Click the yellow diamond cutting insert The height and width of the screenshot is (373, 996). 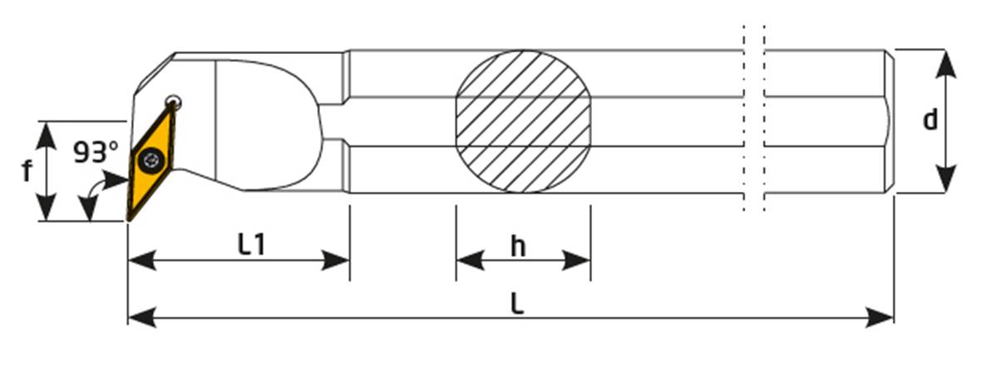(151, 162)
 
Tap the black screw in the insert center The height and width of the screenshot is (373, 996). (152, 160)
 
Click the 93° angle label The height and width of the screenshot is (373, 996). (96, 152)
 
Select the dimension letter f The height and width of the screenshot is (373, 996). (26, 170)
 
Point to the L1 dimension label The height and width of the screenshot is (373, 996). (252, 245)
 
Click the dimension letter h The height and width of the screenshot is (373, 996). (518, 247)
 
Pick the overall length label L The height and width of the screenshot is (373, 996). (518, 305)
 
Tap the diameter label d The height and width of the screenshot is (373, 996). (930, 120)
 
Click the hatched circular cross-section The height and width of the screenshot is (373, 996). (524, 122)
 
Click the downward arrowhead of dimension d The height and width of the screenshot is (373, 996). (946, 179)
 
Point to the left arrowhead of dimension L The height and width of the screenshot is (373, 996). (141, 317)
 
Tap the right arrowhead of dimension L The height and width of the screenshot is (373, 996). (880, 317)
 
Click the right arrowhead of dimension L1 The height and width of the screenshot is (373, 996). (335, 260)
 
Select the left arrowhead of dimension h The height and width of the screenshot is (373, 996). (470, 260)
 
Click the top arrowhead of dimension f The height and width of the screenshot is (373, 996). (46, 135)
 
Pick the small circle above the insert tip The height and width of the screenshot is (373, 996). (173, 102)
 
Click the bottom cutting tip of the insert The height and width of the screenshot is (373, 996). (129, 219)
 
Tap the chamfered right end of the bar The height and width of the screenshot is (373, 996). (890, 121)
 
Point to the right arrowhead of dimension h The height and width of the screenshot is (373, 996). (577, 260)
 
